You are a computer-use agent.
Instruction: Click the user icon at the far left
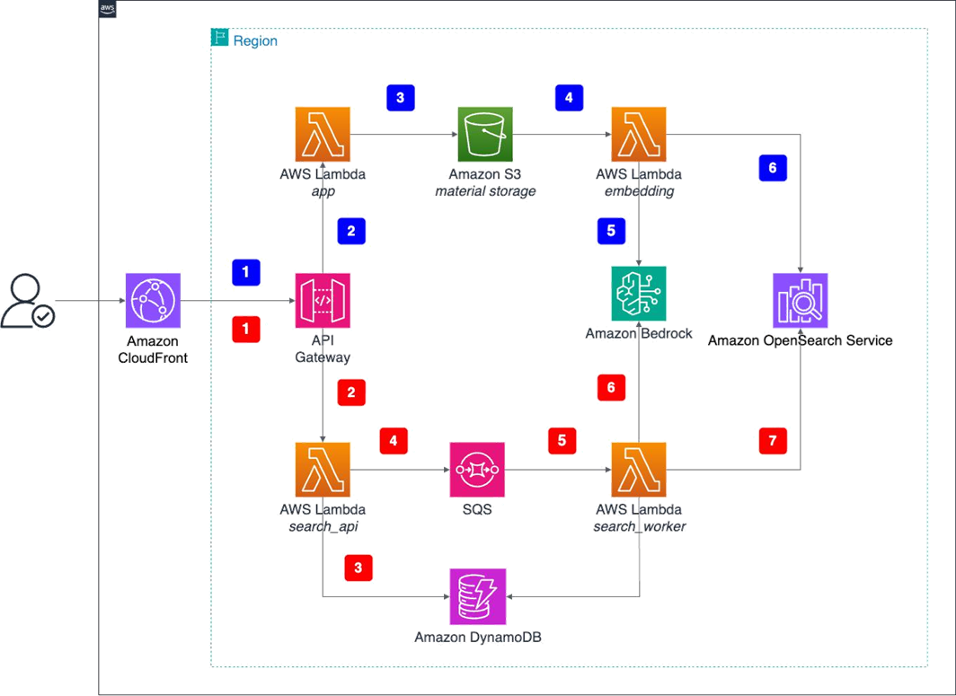28,303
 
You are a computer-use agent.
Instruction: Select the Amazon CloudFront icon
154,302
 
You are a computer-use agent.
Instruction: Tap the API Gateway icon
323,302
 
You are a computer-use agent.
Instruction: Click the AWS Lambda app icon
323,134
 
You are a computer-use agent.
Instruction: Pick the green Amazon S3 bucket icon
485,134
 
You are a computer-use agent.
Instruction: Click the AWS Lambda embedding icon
639,134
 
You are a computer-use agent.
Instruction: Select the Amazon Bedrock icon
639,293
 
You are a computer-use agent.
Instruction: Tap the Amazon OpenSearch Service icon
801,301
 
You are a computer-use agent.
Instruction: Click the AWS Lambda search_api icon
323,469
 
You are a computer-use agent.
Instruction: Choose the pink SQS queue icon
478,469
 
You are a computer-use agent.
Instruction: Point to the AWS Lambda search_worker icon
639,469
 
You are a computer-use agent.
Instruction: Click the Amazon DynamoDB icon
478,597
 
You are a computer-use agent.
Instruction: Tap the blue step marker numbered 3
400,97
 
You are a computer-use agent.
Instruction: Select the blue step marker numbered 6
773,168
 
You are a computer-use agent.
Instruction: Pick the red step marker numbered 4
394,440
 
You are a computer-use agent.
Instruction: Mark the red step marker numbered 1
246,329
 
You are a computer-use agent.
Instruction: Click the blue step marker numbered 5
611,231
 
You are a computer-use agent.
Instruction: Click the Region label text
255,40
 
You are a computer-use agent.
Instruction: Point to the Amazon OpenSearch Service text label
801,341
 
